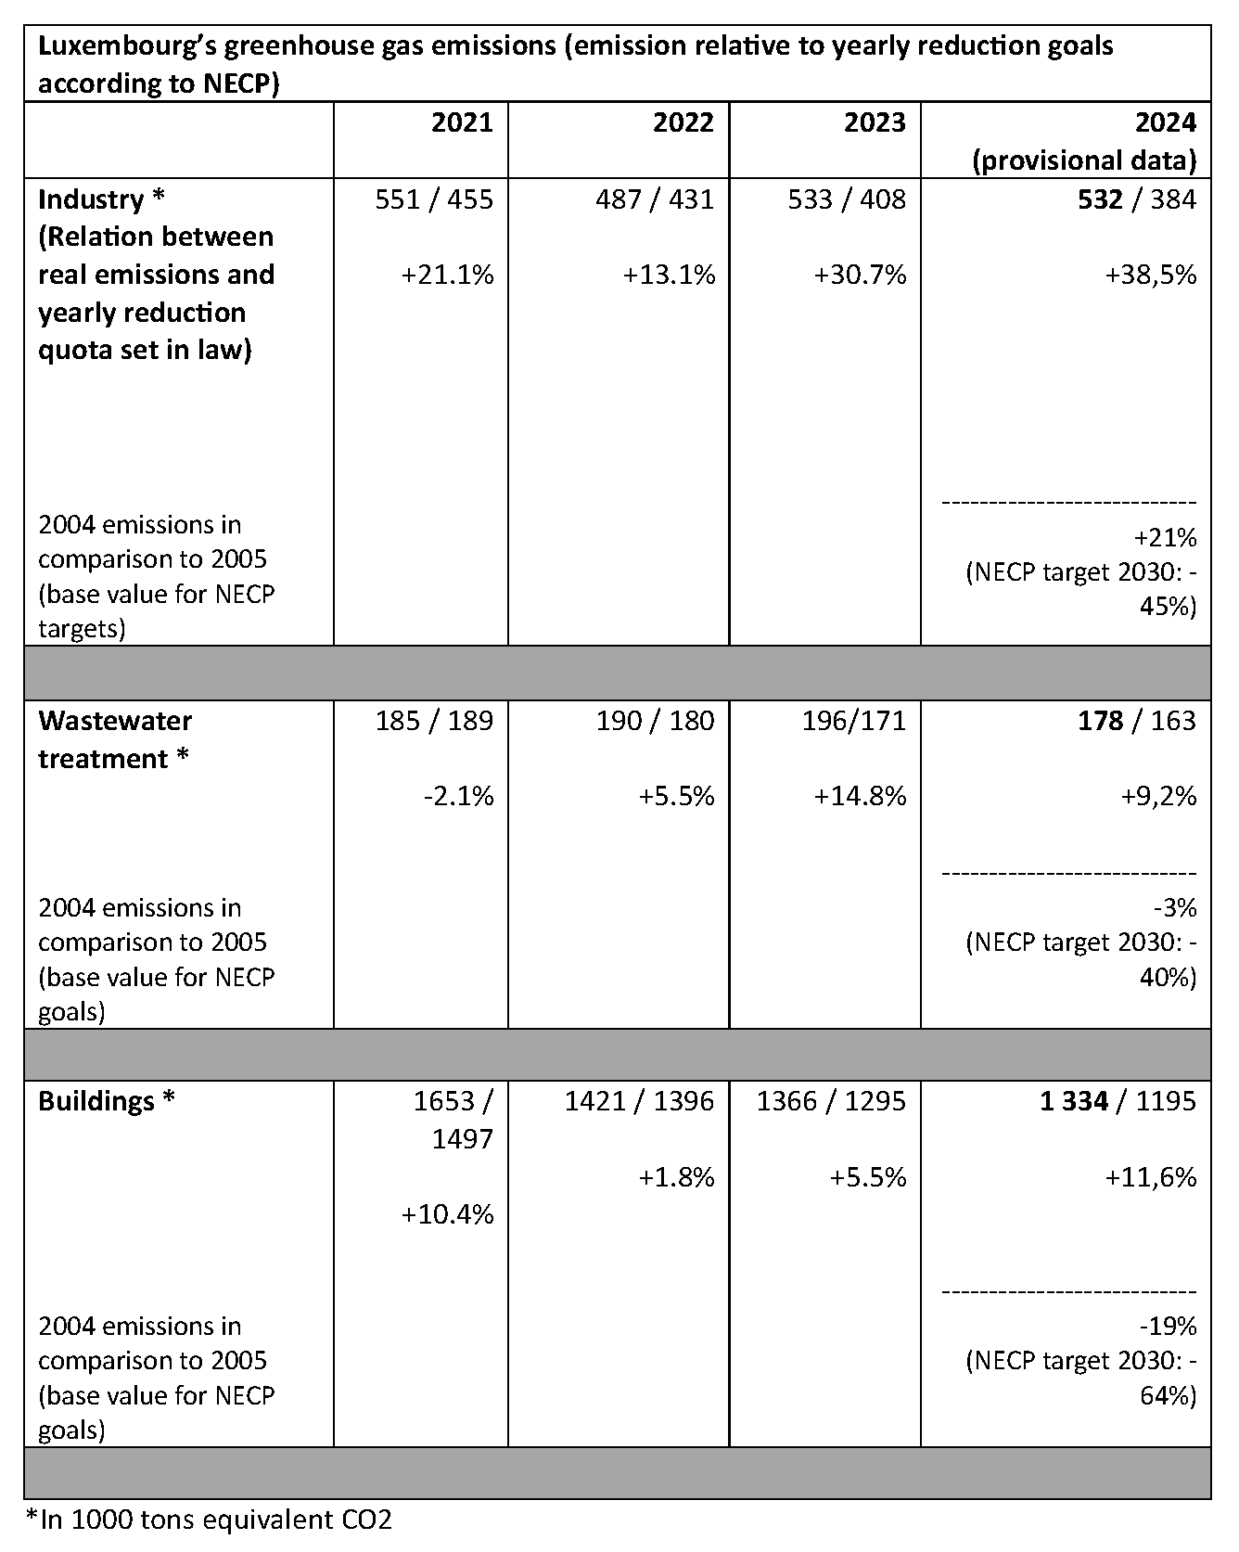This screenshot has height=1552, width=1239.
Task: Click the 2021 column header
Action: tap(462, 122)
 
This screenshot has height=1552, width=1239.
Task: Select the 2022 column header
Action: tap(683, 122)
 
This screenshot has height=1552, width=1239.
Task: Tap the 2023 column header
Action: tap(874, 122)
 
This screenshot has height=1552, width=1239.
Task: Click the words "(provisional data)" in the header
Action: tap(1083, 160)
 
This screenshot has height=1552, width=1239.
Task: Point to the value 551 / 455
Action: tap(433, 199)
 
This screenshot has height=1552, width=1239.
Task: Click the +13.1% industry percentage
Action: tap(669, 275)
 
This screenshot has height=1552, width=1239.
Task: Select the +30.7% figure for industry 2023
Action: tap(860, 275)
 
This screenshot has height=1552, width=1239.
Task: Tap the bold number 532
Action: tap(1100, 199)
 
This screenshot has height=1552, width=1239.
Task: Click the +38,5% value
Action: tap(1150, 275)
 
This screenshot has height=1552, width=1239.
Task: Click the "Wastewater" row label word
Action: tap(115, 721)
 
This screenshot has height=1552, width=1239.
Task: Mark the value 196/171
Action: tap(853, 721)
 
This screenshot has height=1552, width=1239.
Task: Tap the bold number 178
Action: tap(1100, 721)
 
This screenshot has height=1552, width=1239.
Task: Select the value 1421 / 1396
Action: tap(639, 1101)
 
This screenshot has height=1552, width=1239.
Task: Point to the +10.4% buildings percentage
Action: tap(447, 1214)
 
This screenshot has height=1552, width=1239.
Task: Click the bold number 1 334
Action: tap(1073, 1101)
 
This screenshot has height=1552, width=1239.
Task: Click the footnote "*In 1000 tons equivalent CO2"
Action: tap(209, 1520)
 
